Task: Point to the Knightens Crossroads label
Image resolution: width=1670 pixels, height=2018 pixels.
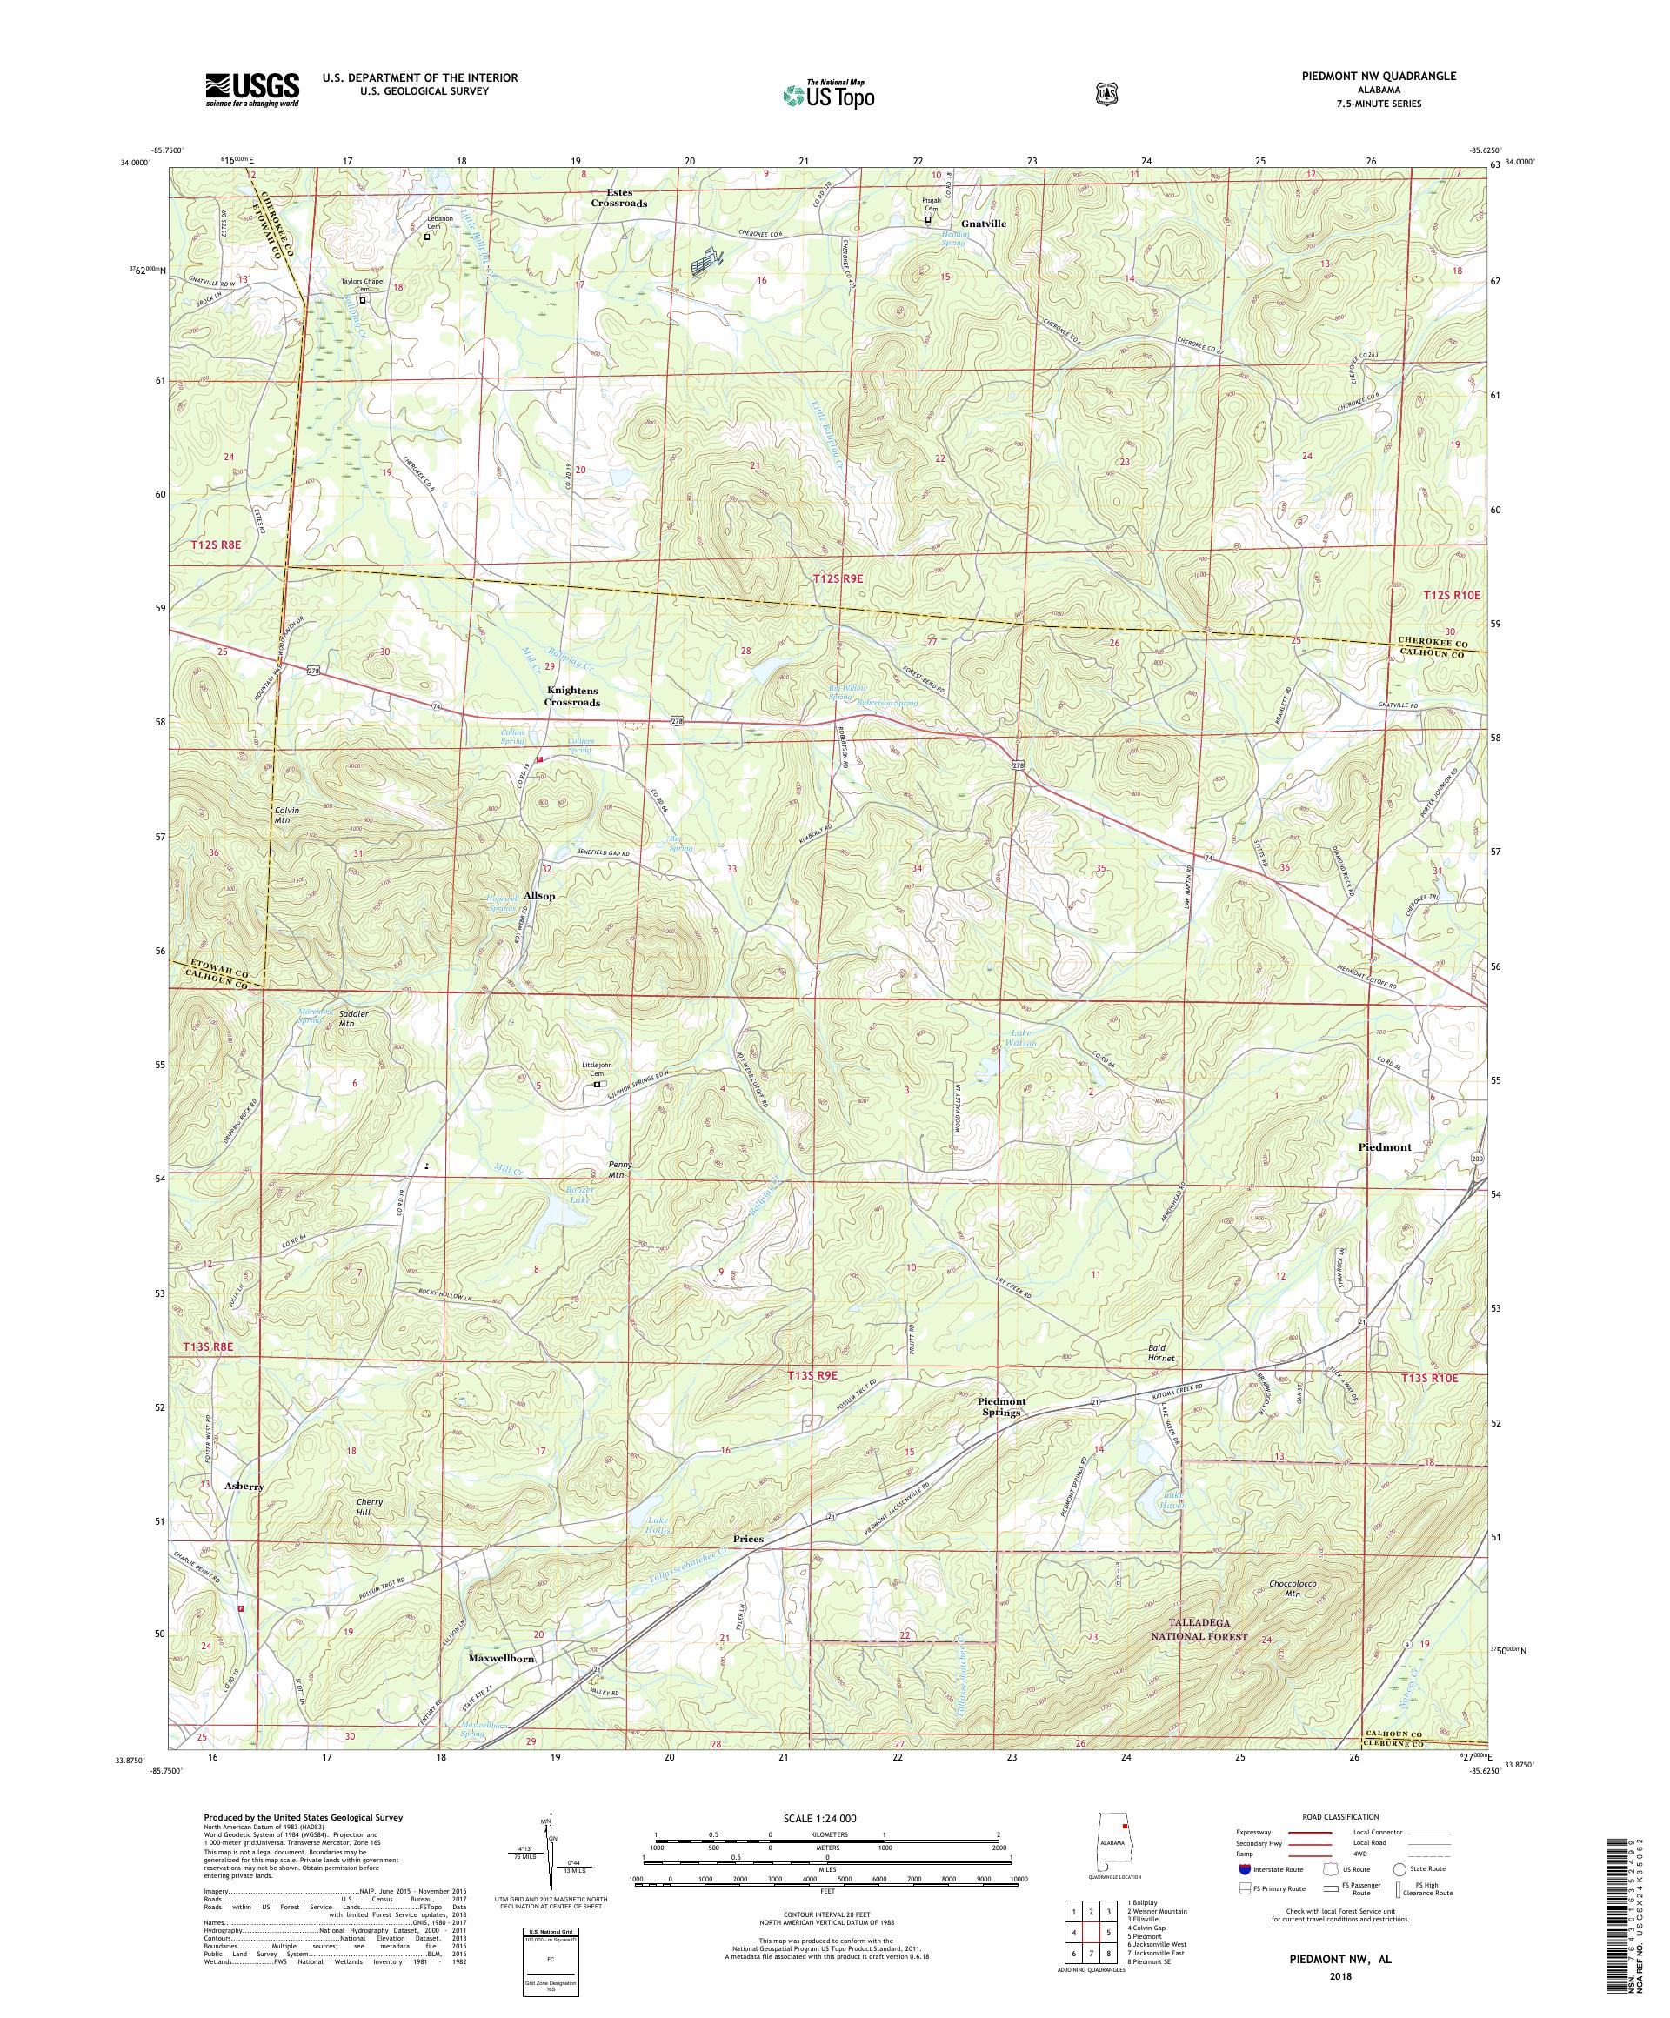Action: (572, 696)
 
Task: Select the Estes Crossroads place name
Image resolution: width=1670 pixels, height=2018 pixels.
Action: (618, 197)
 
